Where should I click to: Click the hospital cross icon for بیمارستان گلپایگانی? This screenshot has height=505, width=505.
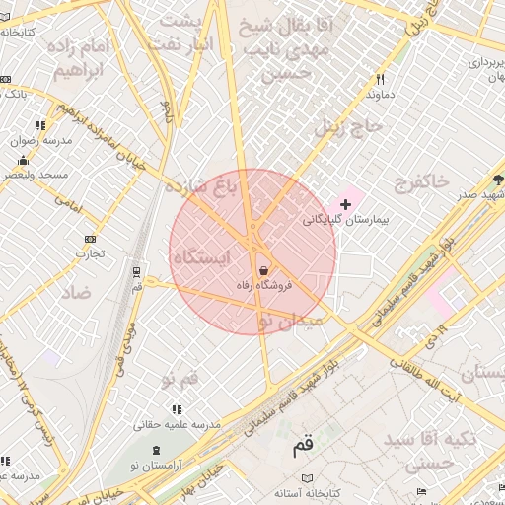(x=344, y=204)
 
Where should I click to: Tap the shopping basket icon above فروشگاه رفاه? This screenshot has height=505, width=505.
(x=263, y=270)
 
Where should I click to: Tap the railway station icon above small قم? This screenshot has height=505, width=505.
(x=137, y=269)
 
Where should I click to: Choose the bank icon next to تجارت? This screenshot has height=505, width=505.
(x=91, y=239)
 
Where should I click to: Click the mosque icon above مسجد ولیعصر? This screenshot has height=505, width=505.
(x=23, y=160)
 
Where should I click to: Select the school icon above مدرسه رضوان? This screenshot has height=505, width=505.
(x=40, y=125)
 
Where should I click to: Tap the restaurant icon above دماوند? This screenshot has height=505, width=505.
(x=380, y=80)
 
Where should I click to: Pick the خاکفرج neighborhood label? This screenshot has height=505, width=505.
(x=421, y=181)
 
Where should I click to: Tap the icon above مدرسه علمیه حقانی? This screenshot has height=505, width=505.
(x=177, y=409)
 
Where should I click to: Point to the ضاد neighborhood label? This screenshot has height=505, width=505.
(x=75, y=293)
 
